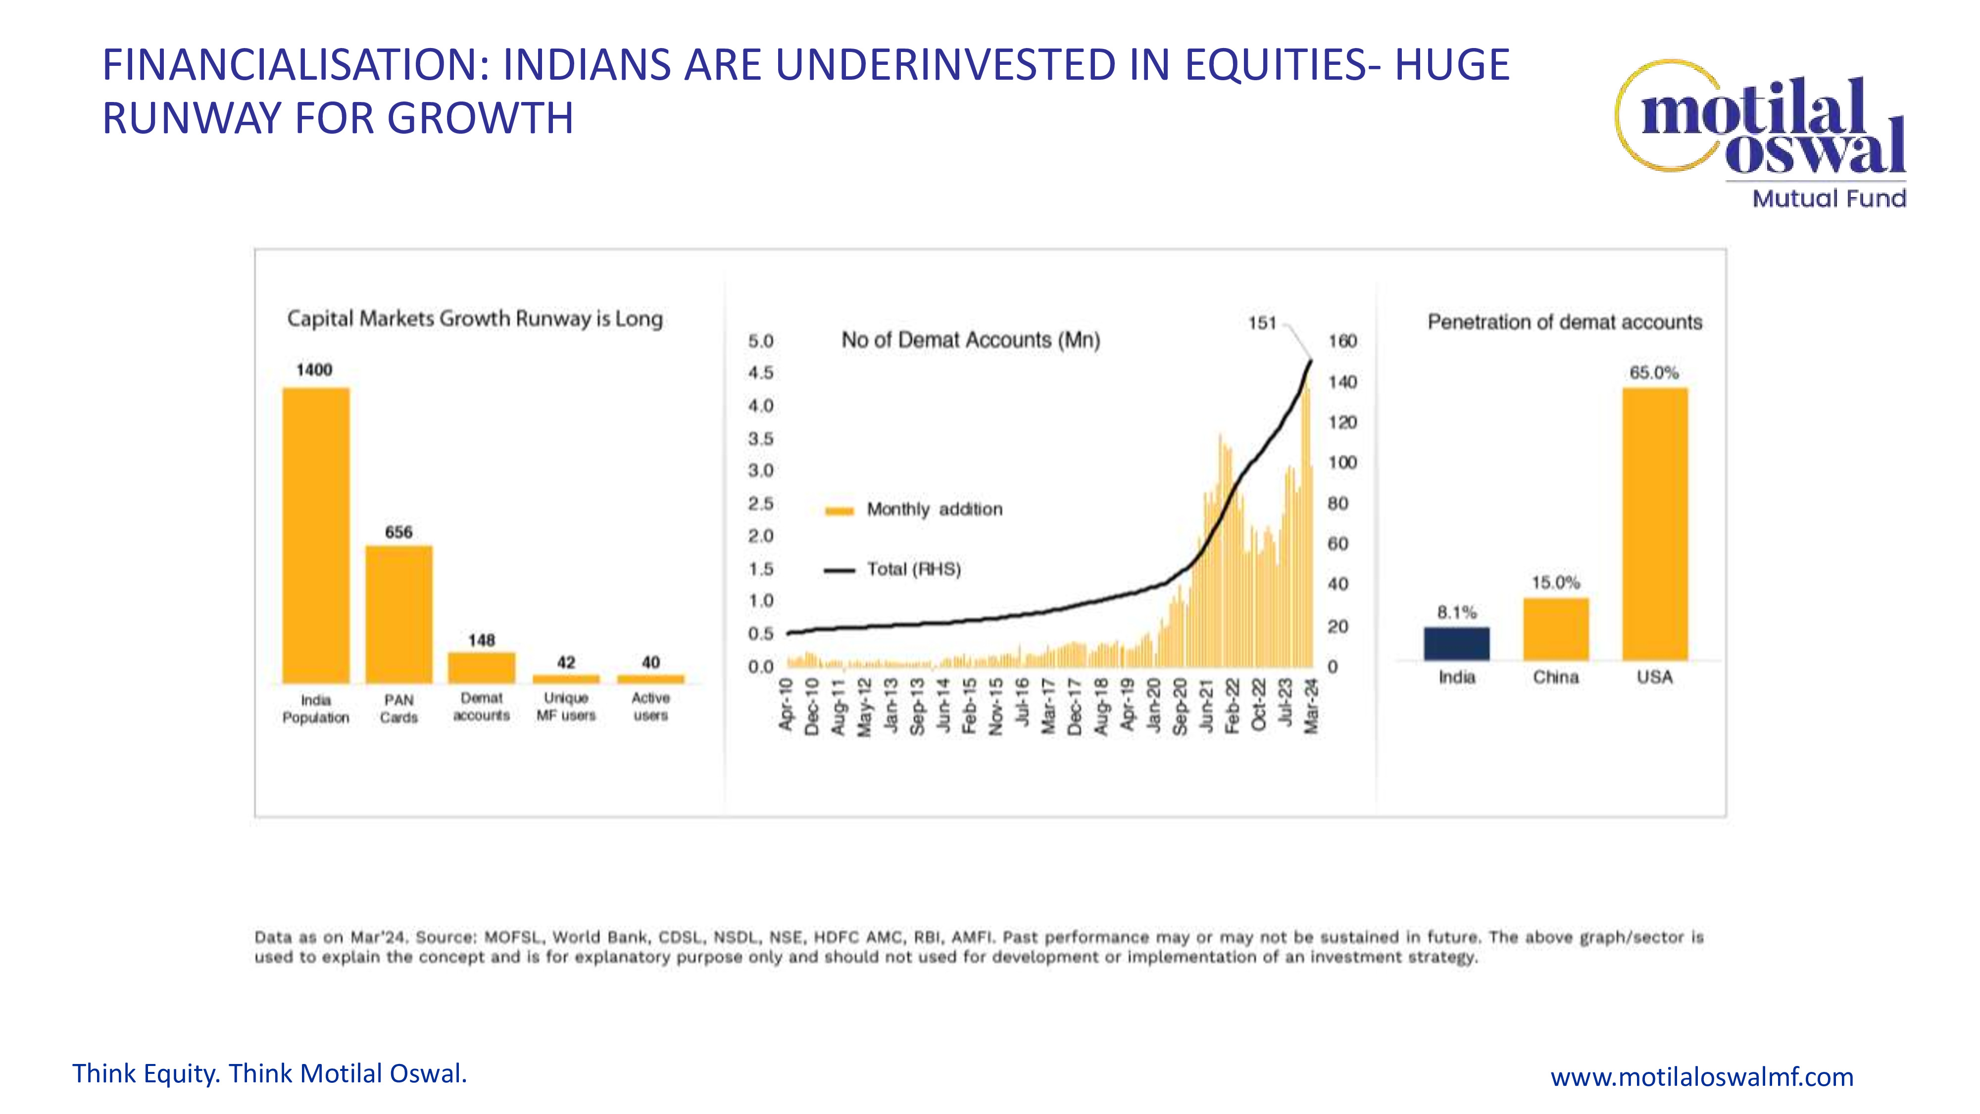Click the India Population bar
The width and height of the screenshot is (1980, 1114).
(316, 535)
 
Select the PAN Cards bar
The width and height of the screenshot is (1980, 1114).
(399, 614)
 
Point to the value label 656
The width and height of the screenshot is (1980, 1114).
(399, 532)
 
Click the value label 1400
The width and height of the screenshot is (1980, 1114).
(314, 370)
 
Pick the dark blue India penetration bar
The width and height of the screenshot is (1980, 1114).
(1457, 644)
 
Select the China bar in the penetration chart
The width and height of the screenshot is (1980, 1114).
(1556, 629)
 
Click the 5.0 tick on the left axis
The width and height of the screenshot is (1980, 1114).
(760, 341)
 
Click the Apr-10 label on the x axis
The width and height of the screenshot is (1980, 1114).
(786, 704)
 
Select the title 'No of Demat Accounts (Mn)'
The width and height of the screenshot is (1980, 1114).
(971, 340)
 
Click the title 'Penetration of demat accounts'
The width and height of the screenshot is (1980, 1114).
(1565, 322)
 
